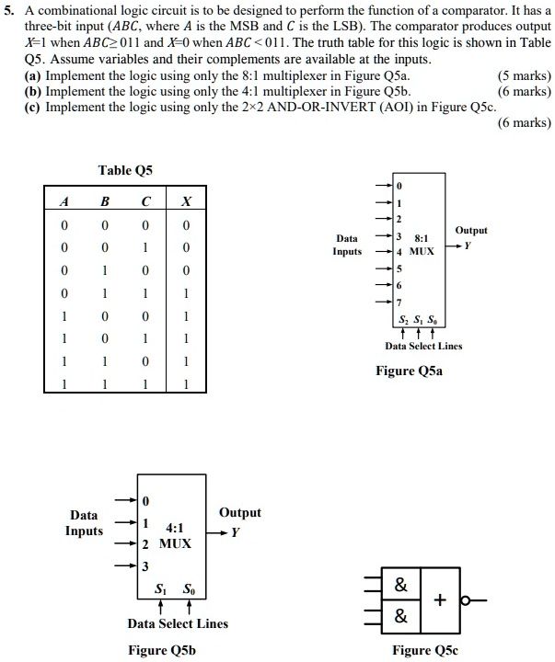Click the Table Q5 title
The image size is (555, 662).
click(x=125, y=170)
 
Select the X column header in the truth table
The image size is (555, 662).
click(x=186, y=201)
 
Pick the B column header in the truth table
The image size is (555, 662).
click(x=105, y=201)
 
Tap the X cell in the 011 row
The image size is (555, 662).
click(x=186, y=293)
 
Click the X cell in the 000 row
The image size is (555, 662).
click(x=186, y=225)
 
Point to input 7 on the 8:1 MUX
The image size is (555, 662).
click(x=399, y=302)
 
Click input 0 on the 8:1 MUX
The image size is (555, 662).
click(x=399, y=186)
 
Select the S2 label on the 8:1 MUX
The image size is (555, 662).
click(x=403, y=320)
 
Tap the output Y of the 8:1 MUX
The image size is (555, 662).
click(x=468, y=245)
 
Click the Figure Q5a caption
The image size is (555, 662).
click(x=410, y=371)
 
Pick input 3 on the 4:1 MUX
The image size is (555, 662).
click(x=145, y=565)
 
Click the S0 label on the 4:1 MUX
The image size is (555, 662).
click(x=189, y=588)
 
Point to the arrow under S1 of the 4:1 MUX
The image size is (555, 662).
click(x=160, y=607)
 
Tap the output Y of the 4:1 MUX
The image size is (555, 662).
click(x=235, y=532)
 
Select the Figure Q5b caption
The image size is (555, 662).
click(x=162, y=650)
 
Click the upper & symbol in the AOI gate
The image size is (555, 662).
click(x=400, y=585)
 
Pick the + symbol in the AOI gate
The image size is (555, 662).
click(x=440, y=599)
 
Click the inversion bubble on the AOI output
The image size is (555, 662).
click(x=465, y=599)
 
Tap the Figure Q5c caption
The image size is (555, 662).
click(x=425, y=650)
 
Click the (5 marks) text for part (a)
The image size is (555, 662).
click(x=525, y=75)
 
